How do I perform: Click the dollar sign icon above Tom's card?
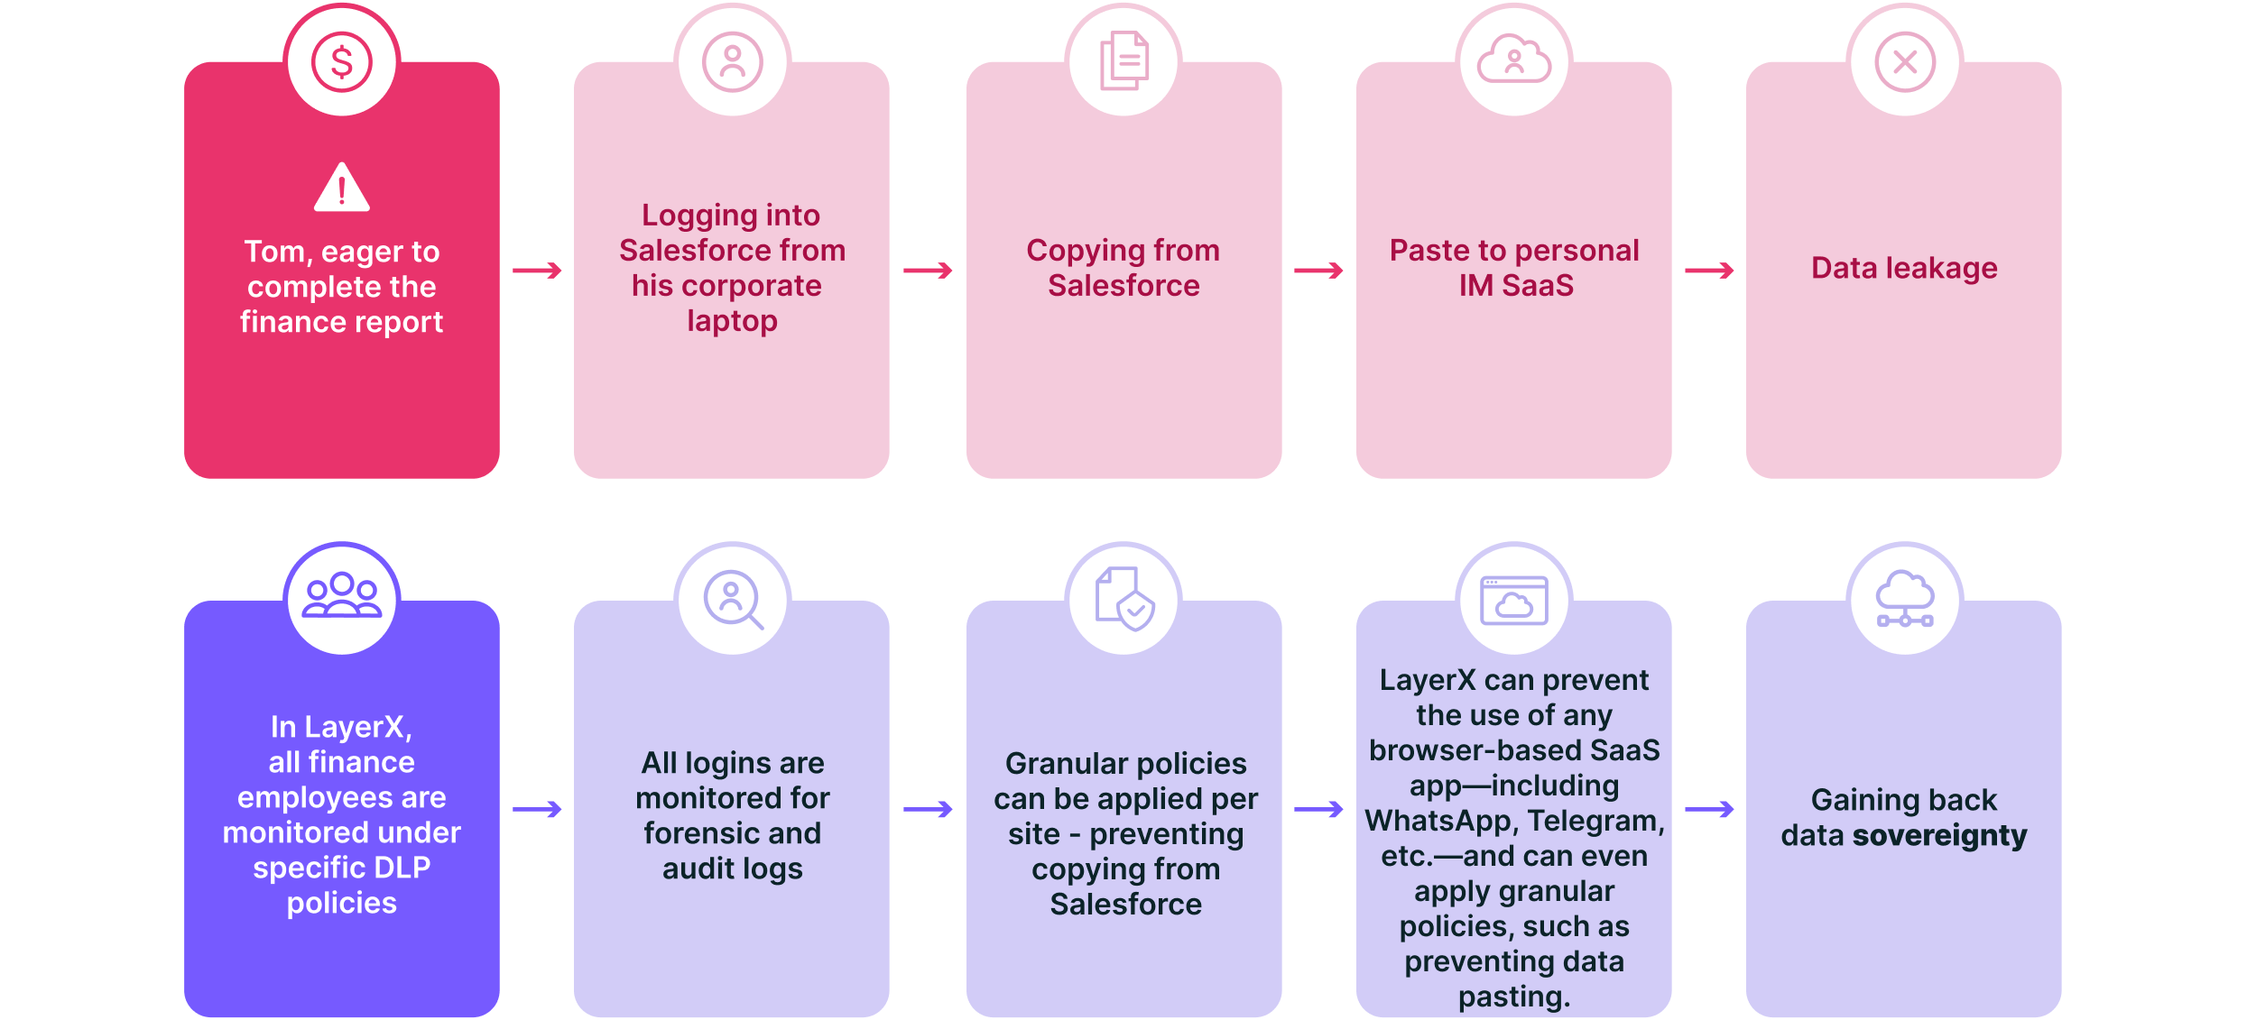coord(341,62)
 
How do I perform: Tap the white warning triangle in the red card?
coord(342,188)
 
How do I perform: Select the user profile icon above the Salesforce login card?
coord(733,62)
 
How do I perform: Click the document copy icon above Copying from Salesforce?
coord(1124,60)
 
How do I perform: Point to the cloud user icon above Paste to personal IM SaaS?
coord(1514,60)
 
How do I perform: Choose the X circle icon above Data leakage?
coord(1905,62)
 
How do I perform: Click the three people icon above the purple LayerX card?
coord(342,595)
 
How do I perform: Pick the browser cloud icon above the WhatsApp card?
coord(1514,601)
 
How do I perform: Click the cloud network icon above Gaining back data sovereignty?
coord(1905,598)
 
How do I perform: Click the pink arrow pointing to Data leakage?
coord(1709,271)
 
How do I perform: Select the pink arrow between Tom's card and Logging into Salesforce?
coord(537,271)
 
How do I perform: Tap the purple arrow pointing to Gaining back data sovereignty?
coord(1709,809)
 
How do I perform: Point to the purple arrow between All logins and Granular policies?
coord(928,809)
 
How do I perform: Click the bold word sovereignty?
coord(1940,836)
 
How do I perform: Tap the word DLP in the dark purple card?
coord(402,868)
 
